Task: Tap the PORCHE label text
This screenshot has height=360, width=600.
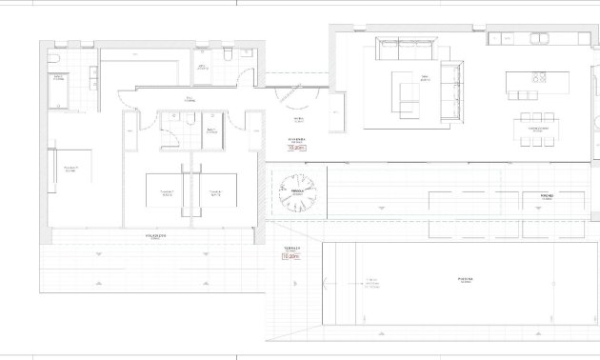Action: (547, 194)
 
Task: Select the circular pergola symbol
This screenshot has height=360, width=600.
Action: (296, 193)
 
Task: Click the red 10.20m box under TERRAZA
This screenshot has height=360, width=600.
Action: (290, 256)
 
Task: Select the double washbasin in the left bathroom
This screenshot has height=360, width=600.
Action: (95, 76)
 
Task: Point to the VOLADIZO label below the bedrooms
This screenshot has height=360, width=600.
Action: (157, 234)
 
